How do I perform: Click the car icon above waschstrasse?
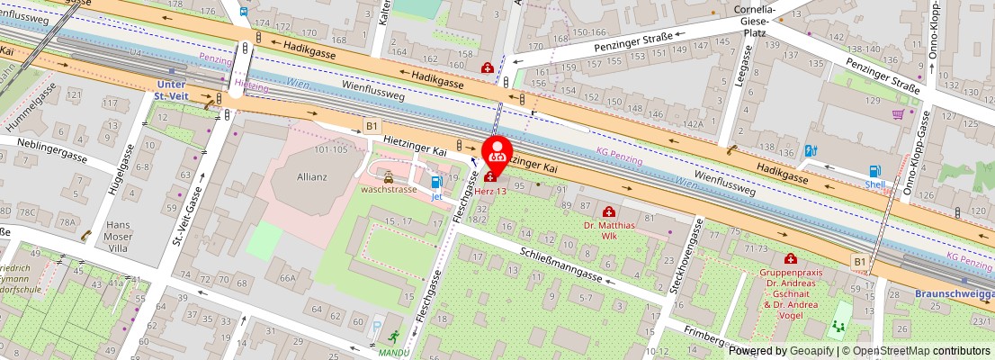[x=388, y=177]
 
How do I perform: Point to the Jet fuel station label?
[x=437, y=194]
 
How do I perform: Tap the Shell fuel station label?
[x=875, y=184]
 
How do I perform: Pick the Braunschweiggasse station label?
[x=954, y=294]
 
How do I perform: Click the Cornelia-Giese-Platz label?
[x=756, y=22]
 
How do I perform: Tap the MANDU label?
[x=393, y=352]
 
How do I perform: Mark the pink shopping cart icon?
[x=898, y=114]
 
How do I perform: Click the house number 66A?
[x=287, y=278]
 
